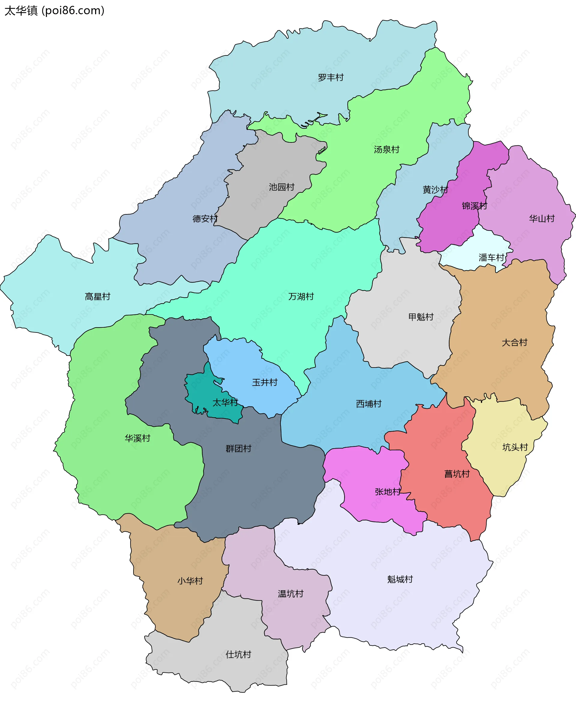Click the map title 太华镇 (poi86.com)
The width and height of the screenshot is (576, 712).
click(54, 10)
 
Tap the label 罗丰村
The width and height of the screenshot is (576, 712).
click(331, 78)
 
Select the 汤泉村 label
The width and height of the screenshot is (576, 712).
click(386, 150)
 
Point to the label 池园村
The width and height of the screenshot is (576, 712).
click(282, 187)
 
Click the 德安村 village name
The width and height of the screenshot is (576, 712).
click(205, 219)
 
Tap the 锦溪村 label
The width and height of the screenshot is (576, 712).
click(475, 206)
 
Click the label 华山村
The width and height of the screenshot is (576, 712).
click(541, 219)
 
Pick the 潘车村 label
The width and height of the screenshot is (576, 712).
click(491, 258)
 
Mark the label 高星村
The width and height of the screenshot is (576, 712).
click(97, 297)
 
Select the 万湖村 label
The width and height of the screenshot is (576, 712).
click(301, 297)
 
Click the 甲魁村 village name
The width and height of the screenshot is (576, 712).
click(421, 317)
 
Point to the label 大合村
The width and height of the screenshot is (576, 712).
click(514, 343)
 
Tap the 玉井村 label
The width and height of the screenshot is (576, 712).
click(264, 383)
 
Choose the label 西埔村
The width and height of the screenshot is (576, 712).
click(369, 404)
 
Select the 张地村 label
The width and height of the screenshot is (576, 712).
click(388, 492)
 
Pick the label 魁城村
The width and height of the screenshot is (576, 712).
click(400, 579)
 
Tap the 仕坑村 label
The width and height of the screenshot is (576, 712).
click(238, 655)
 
